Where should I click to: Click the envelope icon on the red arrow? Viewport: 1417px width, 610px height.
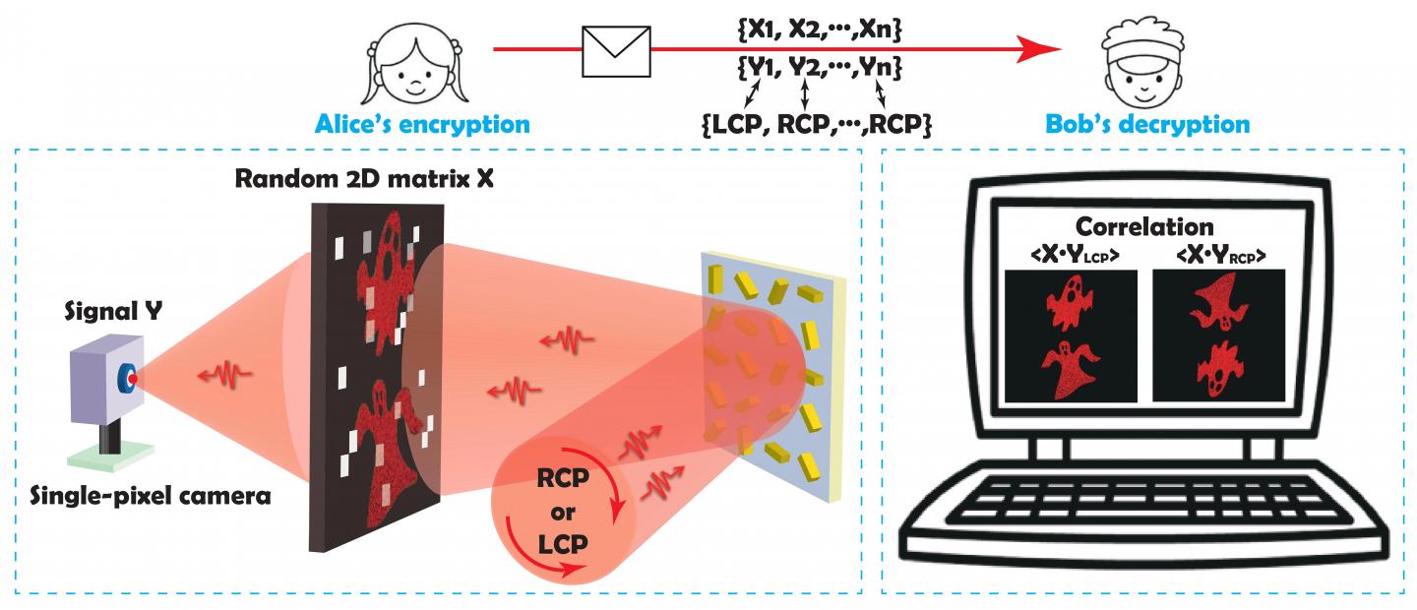tap(617, 51)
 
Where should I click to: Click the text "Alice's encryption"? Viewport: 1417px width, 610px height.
tap(422, 125)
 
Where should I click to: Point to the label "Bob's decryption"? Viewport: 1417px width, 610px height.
tap(1146, 125)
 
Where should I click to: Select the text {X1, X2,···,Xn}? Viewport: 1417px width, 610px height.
tap(819, 32)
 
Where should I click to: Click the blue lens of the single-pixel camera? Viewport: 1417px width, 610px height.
tap(128, 378)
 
